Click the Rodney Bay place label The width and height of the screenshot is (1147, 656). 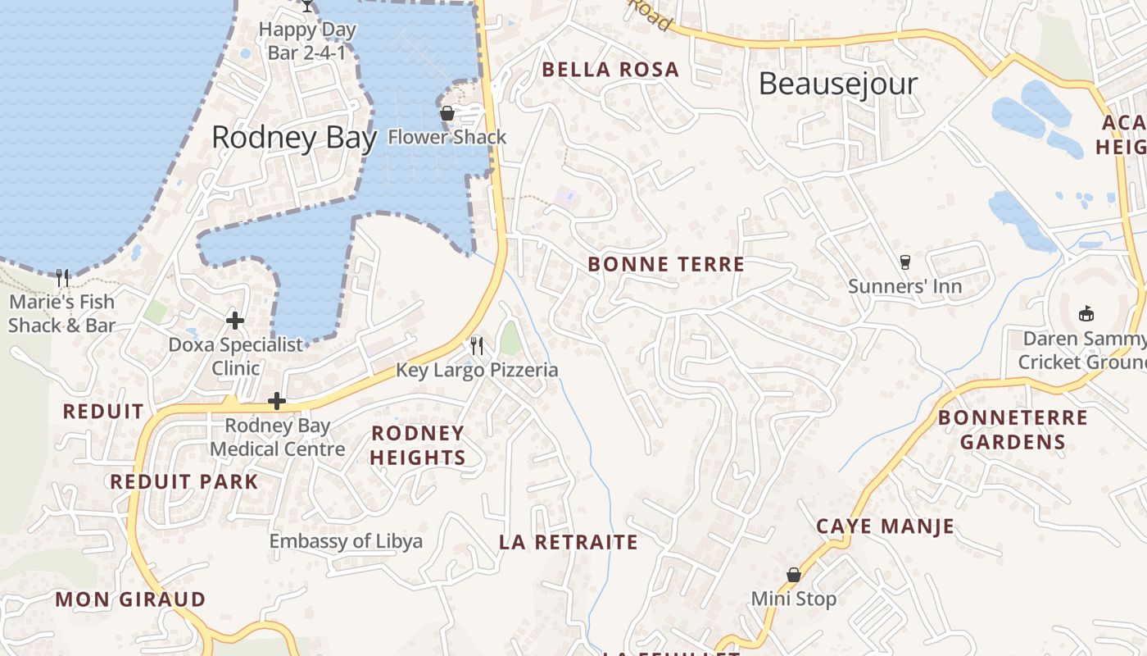click(294, 137)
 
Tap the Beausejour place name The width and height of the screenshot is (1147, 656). click(837, 84)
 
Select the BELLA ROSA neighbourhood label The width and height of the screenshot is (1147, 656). click(610, 70)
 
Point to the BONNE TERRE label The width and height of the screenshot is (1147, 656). click(666, 264)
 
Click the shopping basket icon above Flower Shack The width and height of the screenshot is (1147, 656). click(447, 113)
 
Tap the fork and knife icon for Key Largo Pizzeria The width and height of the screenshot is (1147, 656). click(477, 345)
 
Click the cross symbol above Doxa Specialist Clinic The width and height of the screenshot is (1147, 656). click(235, 320)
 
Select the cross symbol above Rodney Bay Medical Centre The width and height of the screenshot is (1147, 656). click(277, 401)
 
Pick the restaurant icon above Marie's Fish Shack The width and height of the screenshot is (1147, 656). click(62, 277)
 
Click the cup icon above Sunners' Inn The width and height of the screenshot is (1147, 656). click(904, 262)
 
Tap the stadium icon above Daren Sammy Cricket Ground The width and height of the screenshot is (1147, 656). click(1086, 313)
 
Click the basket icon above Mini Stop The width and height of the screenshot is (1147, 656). click(793, 575)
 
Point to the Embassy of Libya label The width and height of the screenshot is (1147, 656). click(346, 541)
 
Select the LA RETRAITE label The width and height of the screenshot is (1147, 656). click(568, 542)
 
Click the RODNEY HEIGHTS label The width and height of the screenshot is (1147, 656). click(418, 445)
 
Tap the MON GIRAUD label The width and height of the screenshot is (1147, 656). click(130, 599)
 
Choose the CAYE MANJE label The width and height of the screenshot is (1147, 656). click(885, 526)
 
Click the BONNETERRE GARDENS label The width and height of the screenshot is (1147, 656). click(1013, 430)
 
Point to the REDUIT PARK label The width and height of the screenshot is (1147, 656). click(184, 481)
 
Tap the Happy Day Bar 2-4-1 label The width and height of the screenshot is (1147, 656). click(307, 41)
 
